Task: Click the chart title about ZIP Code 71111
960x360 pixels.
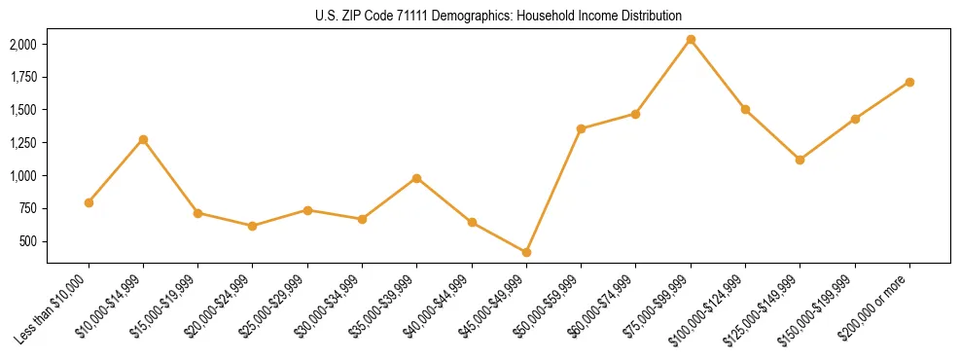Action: (498, 16)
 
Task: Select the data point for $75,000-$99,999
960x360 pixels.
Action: (691, 40)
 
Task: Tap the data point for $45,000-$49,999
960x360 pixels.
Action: (526, 252)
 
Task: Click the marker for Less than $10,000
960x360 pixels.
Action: (89, 202)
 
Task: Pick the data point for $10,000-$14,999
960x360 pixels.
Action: (143, 139)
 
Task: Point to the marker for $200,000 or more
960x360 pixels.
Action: (909, 82)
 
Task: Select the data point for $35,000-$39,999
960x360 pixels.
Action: (416, 178)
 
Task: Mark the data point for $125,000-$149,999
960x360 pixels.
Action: (800, 160)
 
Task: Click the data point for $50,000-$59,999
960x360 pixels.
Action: (581, 128)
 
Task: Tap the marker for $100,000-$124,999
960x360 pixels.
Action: (745, 109)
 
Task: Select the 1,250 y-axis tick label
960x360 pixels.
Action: (23, 143)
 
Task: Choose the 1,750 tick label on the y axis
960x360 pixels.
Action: (23, 77)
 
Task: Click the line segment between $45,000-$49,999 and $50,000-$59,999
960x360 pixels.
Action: (553, 191)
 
